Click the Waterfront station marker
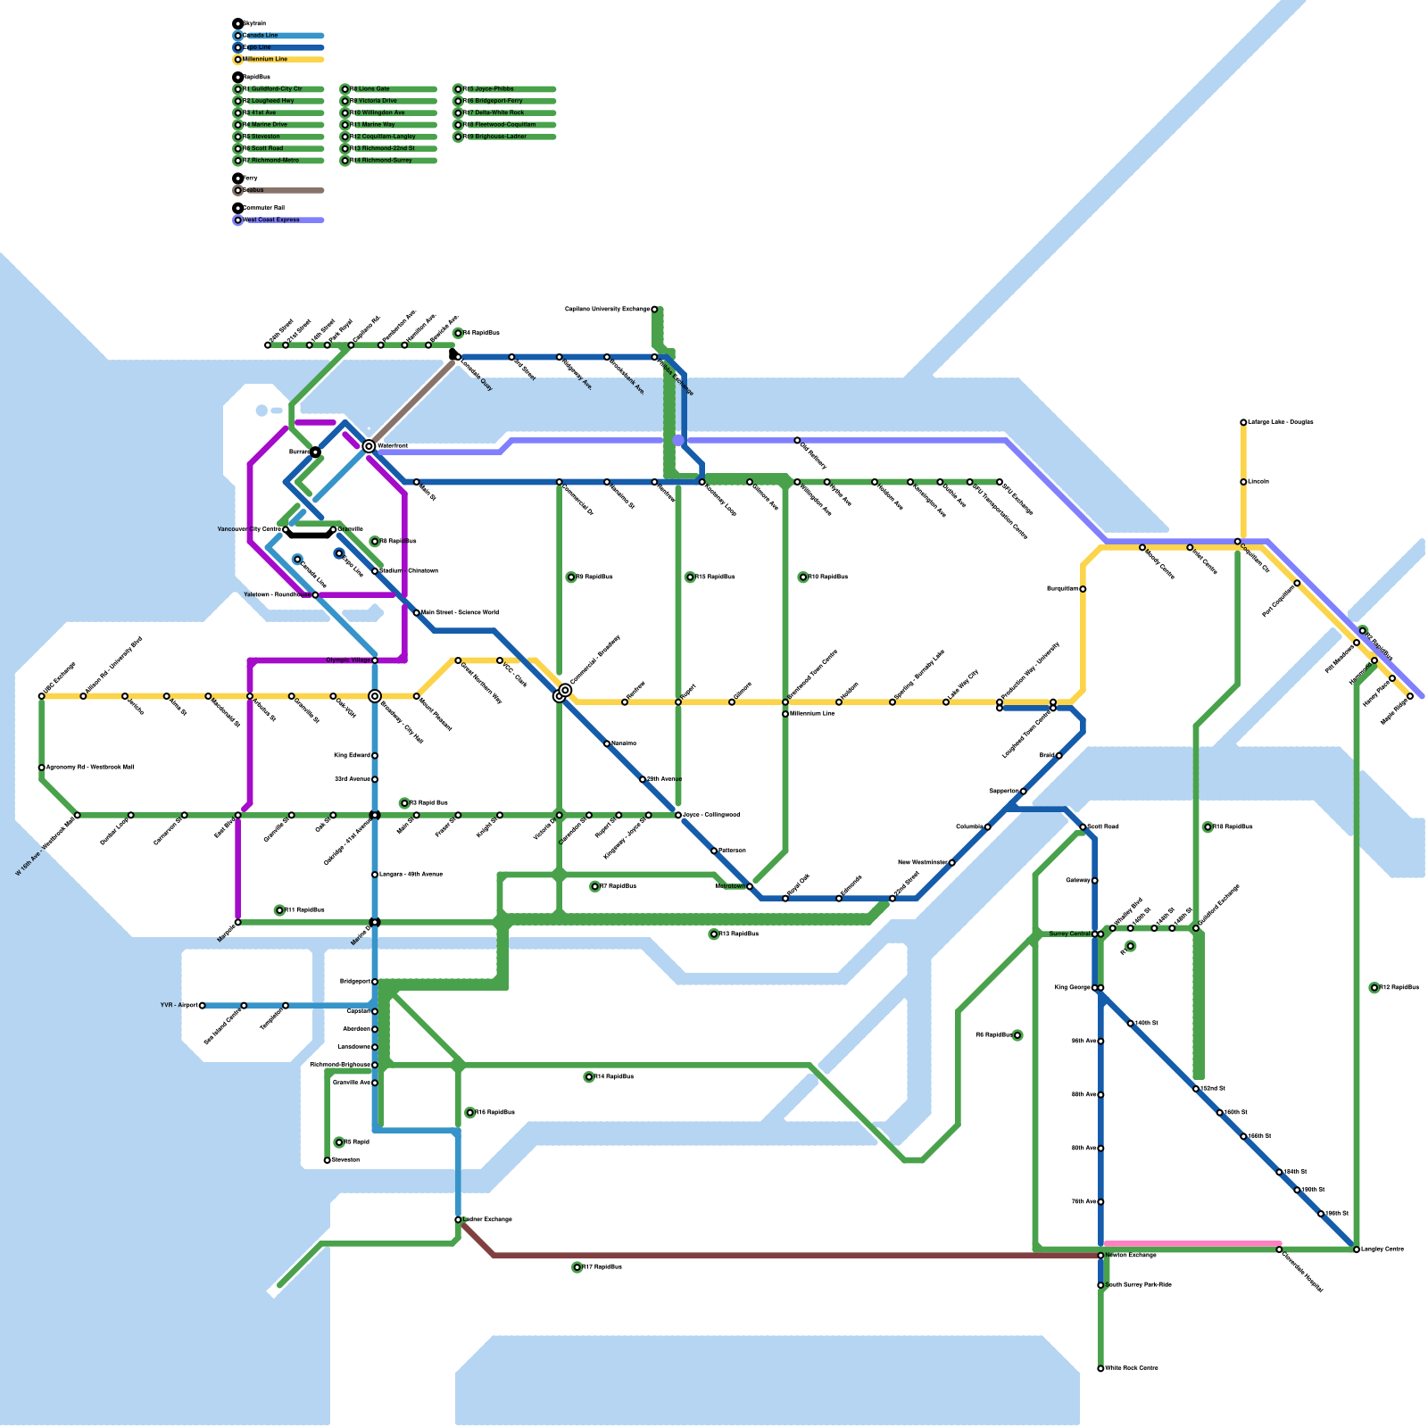(369, 446)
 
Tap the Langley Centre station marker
(1357, 1249)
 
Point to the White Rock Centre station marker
(1100, 1368)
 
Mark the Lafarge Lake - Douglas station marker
(1243, 422)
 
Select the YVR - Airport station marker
(203, 1006)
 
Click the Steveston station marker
(328, 1160)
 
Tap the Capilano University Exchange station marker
(654, 310)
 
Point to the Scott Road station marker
(1083, 827)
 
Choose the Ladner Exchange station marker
(458, 1220)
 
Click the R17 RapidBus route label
(600, 1267)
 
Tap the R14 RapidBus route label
(611, 1077)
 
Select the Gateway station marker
(1095, 881)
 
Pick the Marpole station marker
(238, 922)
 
